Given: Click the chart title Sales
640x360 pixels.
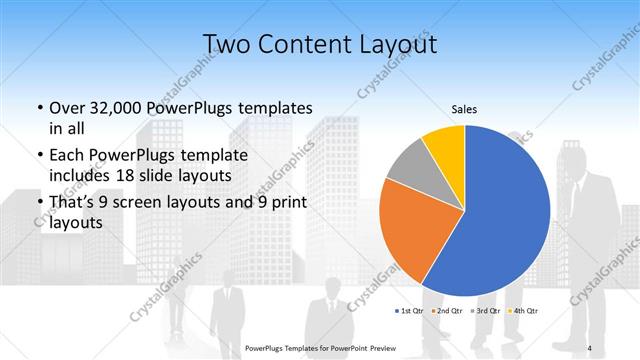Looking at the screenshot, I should click(x=463, y=108).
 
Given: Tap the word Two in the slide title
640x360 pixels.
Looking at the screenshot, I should click(x=228, y=44).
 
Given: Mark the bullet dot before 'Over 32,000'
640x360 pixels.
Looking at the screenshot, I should click(x=38, y=108).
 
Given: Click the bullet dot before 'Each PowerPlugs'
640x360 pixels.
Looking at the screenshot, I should click(x=38, y=156).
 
